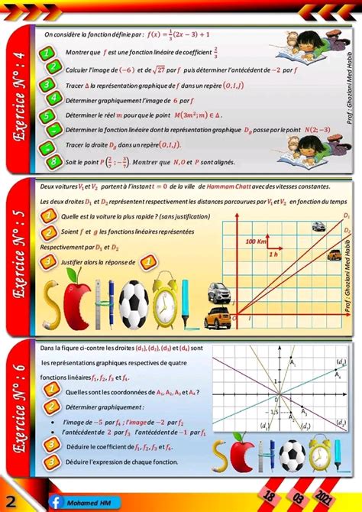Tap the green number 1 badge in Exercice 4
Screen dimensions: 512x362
pyautogui.click(x=47, y=52)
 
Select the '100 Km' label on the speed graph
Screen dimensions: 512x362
pyautogui.click(x=257, y=241)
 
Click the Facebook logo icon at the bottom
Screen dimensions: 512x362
pyautogui.click(x=56, y=502)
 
